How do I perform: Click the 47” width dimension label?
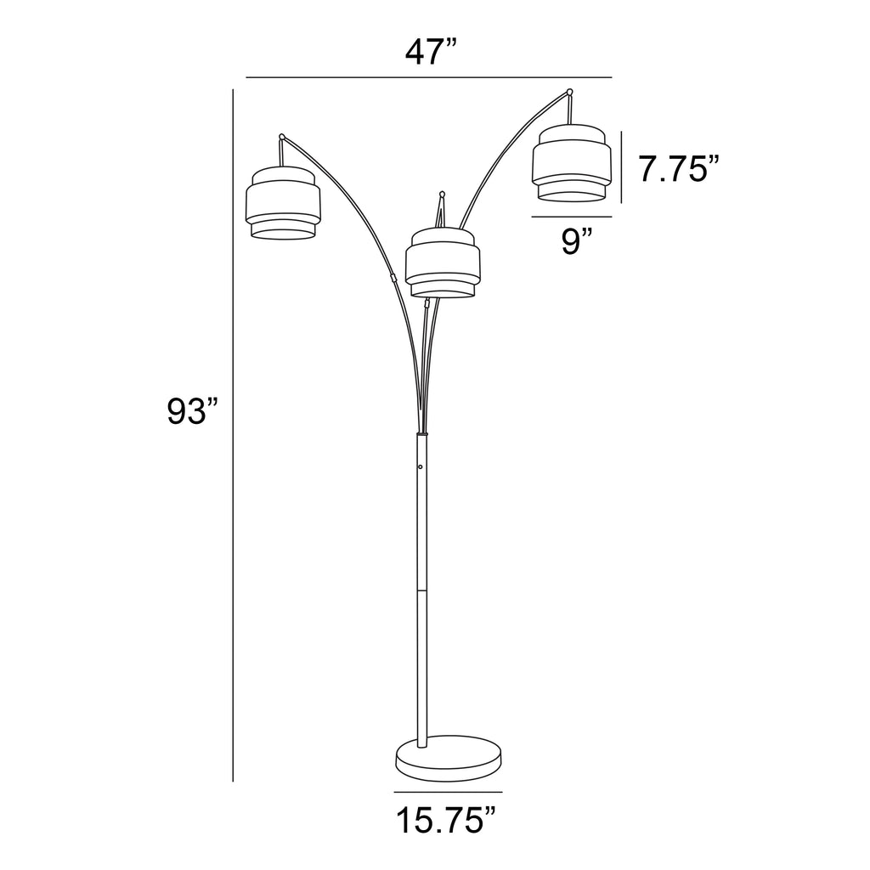click(x=431, y=53)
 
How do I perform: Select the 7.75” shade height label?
click(x=679, y=169)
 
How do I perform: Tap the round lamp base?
click(x=449, y=758)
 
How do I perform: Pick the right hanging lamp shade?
click(x=572, y=162)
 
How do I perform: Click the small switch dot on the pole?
click(x=421, y=466)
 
